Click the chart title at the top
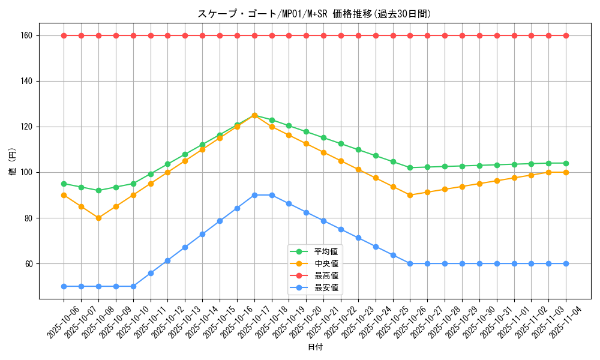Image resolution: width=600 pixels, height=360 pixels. [x=314, y=14]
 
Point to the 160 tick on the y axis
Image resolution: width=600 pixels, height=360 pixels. [x=26, y=35]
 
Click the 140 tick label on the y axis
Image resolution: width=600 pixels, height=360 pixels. [x=26, y=81]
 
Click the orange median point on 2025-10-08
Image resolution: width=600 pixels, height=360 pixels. [x=98, y=218]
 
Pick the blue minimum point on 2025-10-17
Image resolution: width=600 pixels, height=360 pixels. [x=254, y=195]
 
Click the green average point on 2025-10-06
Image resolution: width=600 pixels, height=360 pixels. [x=64, y=184]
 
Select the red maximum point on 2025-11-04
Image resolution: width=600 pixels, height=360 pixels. [x=566, y=35]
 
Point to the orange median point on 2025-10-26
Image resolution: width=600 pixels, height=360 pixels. [x=410, y=195]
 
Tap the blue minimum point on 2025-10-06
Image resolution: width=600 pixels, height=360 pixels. [x=64, y=286]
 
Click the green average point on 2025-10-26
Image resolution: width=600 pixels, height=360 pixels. [x=410, y=167]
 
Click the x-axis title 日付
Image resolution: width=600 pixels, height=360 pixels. [x=314, y=347]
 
